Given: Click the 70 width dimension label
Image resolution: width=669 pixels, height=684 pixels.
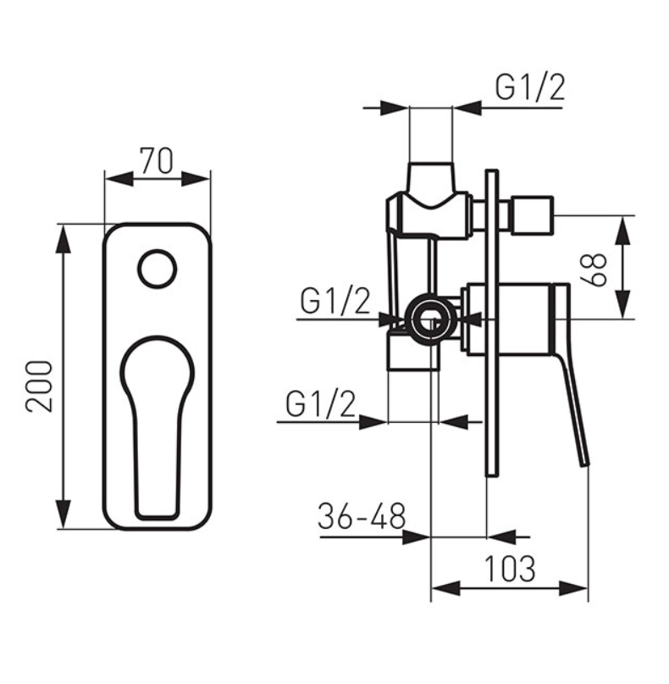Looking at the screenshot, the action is [x=157, y=161].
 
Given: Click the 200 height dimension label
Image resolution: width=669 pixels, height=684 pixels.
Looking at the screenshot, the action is [x=39, y=386].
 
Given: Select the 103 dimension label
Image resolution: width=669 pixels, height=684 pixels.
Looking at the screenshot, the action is [x=510, y=569].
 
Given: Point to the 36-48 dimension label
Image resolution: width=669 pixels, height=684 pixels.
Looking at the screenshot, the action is [x=362, y=516].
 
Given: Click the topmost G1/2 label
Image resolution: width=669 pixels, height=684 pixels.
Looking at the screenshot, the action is [x=529, y=87].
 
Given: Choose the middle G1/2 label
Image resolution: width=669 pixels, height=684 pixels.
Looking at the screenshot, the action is [x=335, y=301].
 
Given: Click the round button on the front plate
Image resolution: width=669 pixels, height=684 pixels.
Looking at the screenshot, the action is [x=158, y=270].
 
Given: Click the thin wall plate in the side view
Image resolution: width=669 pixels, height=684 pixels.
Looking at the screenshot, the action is [x=492, y=323].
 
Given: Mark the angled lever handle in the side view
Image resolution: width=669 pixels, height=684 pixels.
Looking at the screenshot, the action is [x=570, y=375].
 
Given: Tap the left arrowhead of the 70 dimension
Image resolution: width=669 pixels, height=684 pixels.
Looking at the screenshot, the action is [x=119, y=179].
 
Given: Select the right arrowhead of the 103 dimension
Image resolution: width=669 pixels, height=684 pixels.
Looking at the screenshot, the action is [x=574, y=588].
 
